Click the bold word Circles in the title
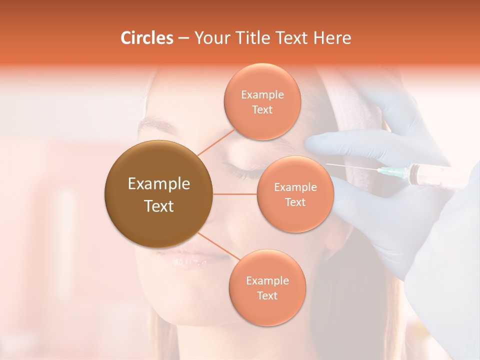pyautogui.click(x=147, y=38)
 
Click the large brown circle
pyautogui.click(x=158, y=194)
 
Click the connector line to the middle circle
pyautogui.click(x=235, y=194)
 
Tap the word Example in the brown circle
pyautogui.click(x=158, y=184)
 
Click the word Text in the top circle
pyautogui.click(x=262, y=110)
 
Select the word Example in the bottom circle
pyautogui.click(x=267, y=281)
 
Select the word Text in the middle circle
pyautogui.click(x=295, y=202)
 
